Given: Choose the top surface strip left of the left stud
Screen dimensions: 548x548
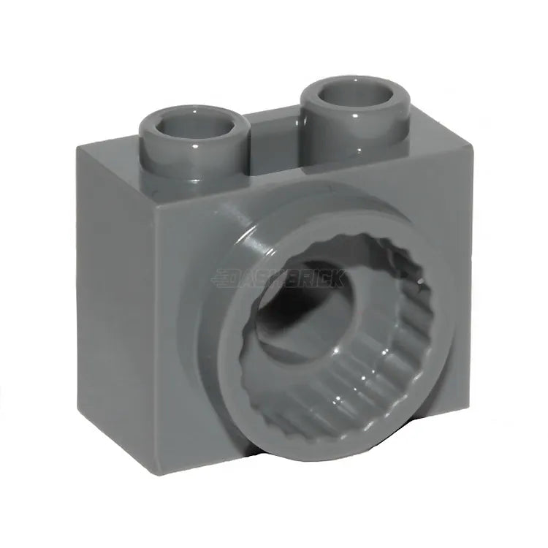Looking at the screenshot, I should (110, 150).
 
